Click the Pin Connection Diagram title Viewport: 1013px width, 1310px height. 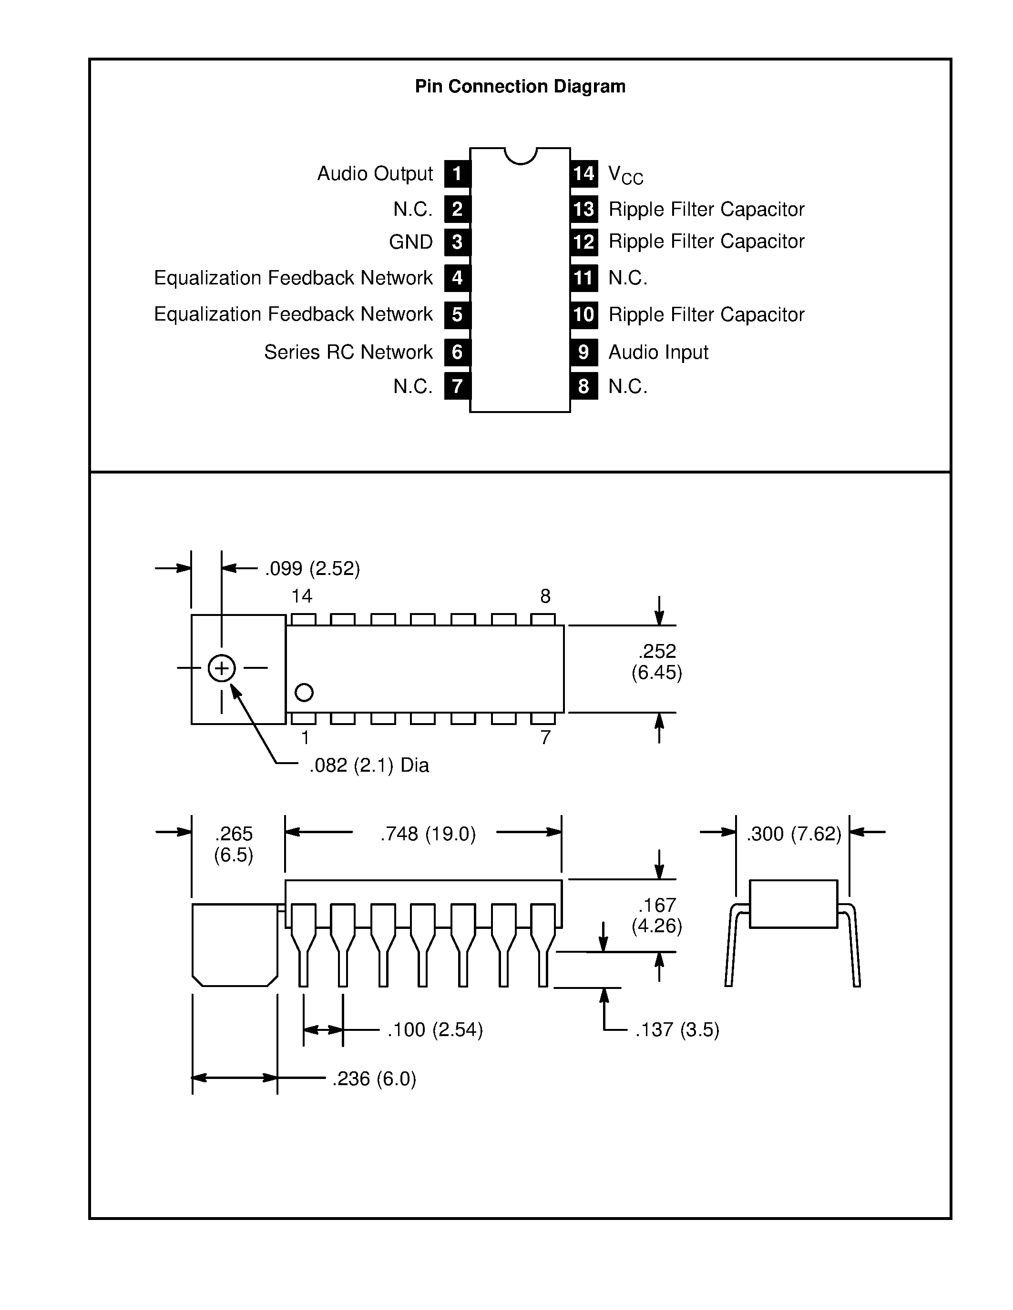pyautogui.click(x=520, y=86)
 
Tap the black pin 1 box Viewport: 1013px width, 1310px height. pyautogui.click(x=457, y=174)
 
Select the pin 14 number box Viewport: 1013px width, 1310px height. pyautogui.click(x=583, y=174)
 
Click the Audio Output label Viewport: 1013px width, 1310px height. pyautogui.click(x=375, y=174)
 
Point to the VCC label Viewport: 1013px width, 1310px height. pyautogui.click(x=625, y=175)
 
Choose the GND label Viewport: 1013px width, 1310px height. pyautogui.click(x=410, y=242)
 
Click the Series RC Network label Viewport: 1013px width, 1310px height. pyautogui.click(x=348, y=352)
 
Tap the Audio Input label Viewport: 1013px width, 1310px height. pyautogui.click(x=658, y=352)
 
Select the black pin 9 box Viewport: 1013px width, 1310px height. pyautogui.click(x=583, y=352)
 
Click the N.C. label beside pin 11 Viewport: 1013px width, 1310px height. pyautogui.click(x=628, y=278)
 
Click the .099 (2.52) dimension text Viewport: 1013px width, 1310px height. pyautogui.click(x=312, y=569)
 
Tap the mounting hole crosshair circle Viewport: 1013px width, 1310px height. pyautogui.click(x=222, y=668)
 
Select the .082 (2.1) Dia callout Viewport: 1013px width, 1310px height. pyautogui.click(x=369, y=766)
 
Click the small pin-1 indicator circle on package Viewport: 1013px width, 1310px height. pyautogui.click(x=304, y=693)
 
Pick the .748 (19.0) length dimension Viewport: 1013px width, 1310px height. pyautogui.click(x=428, y=834)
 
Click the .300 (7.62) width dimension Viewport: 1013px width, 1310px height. pyautogui.click(x=793, y=834)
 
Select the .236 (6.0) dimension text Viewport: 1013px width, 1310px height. pyautogui.click(x=374, y=1079)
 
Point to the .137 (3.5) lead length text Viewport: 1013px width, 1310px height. pyautogui.click(x=677, y=1030)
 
